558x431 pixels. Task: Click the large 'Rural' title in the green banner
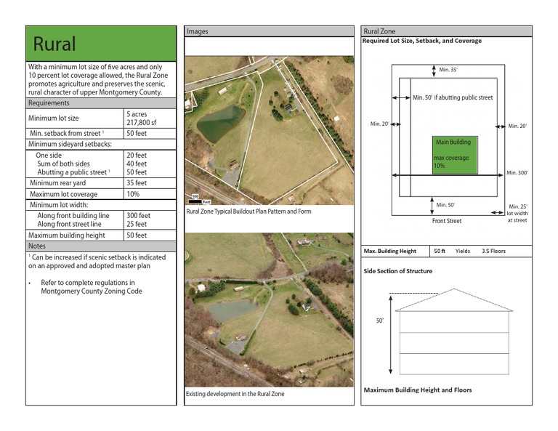(x=54, y=43)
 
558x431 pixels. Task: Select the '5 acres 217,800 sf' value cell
(x=140, y=118)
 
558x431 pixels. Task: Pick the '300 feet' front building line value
(x=138, y=216)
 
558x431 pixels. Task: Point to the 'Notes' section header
(x=37, y=246)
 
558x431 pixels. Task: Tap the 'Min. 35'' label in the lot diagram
(x=448, y=71)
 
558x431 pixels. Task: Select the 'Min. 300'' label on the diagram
(x=517, y=173)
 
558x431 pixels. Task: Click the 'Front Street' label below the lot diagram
(x=447, y=220)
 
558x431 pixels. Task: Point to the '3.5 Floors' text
(x=493, y=251)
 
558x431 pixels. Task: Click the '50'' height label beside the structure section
(x=379, y=321)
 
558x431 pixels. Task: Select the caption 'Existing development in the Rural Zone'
(x=235, y=394)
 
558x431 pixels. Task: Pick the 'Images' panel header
(x=198, y=31)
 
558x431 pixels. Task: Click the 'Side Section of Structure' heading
(x=397, y=271)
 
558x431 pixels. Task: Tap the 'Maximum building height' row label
(x=67, y=235)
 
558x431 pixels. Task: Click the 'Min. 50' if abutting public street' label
(x=453, y=97)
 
